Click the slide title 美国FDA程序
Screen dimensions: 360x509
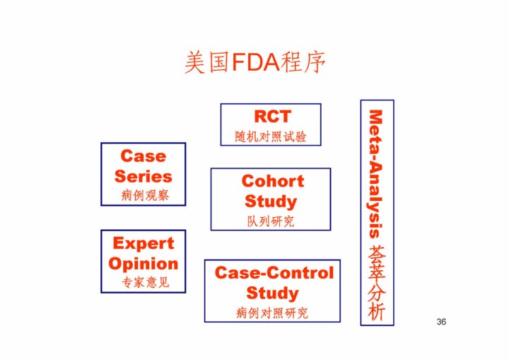click(255, 62)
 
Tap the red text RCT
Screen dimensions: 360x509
click(271, 116)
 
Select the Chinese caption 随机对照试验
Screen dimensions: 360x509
click(271, 137)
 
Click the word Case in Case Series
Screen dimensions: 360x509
click(143, 156)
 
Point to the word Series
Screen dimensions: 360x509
click(143, 176)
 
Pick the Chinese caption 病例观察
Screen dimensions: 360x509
click(144, 195)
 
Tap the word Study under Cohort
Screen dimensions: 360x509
click(271, 202)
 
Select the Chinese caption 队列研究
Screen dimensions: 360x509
click(271, 221)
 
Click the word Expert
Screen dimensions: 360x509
click(143, 243)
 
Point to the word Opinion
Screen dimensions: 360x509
click(143, 264)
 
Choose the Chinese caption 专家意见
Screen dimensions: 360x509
click(144, 283)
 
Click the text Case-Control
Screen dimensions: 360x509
click(274, 272)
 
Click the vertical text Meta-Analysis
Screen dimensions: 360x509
click(376, 173)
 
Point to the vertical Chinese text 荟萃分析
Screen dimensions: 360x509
click(377, 283)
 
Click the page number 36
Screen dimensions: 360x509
click(441, 322)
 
